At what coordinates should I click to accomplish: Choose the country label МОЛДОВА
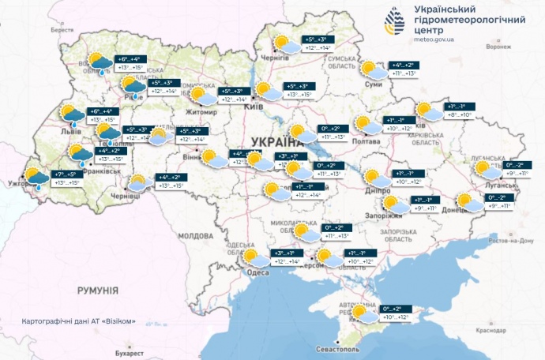(194, 235)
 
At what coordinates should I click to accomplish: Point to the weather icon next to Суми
(371, 70)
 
